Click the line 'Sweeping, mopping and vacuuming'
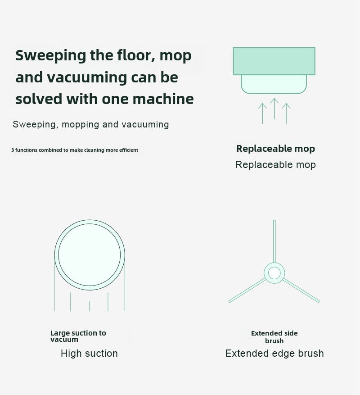[91, 124]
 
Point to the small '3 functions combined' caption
[75, 150]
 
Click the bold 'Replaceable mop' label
[275, 149]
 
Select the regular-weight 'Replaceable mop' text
[275, 165]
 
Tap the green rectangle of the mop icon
[274, 61]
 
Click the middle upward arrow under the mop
[274, 109]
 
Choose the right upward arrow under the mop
[286, 114]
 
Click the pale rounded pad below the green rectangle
[274, 84]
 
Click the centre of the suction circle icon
[90, 254]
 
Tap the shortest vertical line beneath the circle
[90, 306]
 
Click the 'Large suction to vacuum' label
[78, 336]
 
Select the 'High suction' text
[89, 354]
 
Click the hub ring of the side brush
[274, 273]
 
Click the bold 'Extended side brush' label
[274, 337]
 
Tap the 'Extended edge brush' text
[274, 354]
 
